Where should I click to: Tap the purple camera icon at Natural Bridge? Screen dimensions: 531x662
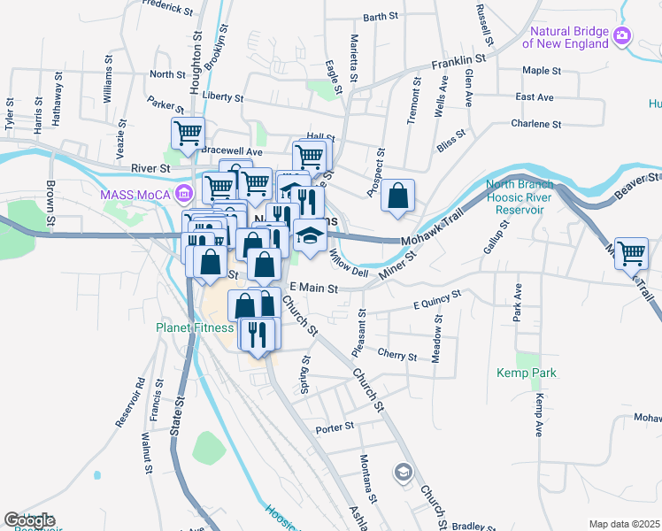(622, 35)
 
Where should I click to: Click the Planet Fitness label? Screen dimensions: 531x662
(195, 327)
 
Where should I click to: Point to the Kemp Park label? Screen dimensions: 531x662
(526, 373)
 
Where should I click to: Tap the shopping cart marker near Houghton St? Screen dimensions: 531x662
(188, 134)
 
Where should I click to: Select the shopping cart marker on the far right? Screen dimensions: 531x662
(631, 253)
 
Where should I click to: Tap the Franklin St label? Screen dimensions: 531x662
(459, 62)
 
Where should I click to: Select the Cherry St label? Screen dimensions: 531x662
(396, 356)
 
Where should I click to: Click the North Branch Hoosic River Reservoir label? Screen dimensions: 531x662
(519, 197)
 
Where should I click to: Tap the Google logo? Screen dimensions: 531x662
(28, 520)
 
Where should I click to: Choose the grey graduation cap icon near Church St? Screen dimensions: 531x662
(404, 470)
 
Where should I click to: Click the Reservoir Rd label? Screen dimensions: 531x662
(129, 404)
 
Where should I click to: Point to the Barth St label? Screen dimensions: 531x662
(381, 17)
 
